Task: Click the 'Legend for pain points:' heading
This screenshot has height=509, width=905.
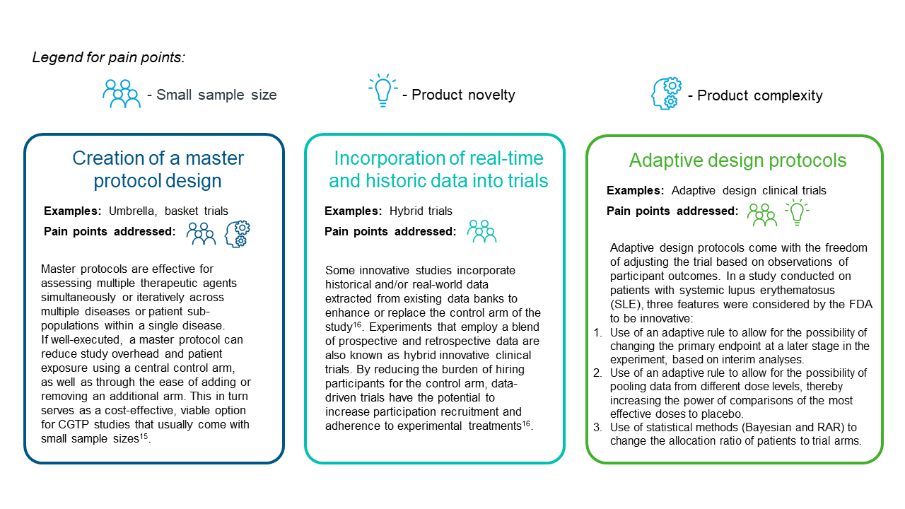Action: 109,57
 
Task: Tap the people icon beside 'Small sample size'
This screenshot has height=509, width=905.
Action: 122,94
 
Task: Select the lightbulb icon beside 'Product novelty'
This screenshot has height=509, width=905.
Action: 383,90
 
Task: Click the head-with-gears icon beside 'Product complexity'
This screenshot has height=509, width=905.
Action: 666,93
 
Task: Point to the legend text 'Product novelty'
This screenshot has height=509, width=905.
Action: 463,95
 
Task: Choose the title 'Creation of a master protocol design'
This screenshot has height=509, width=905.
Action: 158,169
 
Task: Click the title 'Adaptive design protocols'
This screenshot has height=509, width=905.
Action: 737,160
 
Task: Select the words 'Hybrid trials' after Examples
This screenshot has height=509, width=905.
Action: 421,211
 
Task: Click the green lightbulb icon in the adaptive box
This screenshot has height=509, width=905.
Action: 797,211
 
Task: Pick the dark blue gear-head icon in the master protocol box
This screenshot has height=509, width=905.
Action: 238,234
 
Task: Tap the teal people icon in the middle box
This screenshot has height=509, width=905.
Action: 481,231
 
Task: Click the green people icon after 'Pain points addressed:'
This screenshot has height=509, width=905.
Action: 762,214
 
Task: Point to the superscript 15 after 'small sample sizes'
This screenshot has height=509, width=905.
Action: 144,436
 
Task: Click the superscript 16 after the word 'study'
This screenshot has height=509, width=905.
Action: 357,324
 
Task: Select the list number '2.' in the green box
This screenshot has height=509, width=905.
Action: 598,373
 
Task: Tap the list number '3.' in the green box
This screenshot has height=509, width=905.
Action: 598,428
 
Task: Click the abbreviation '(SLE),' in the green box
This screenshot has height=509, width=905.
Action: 626,304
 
